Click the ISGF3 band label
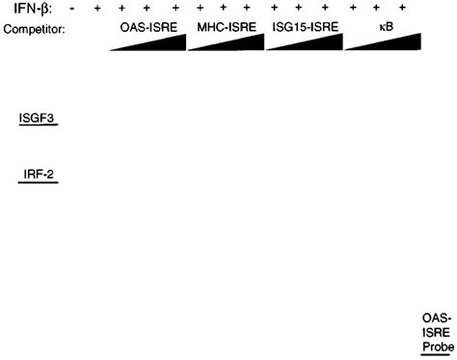click(x=37, y=118)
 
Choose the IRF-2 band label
click(x=39, y=174)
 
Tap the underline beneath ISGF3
click(x=37, y=126)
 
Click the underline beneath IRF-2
click(x=39, y=182)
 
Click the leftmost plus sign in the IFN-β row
click(x=96, y=10)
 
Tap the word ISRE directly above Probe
click(x=436, y=331)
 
